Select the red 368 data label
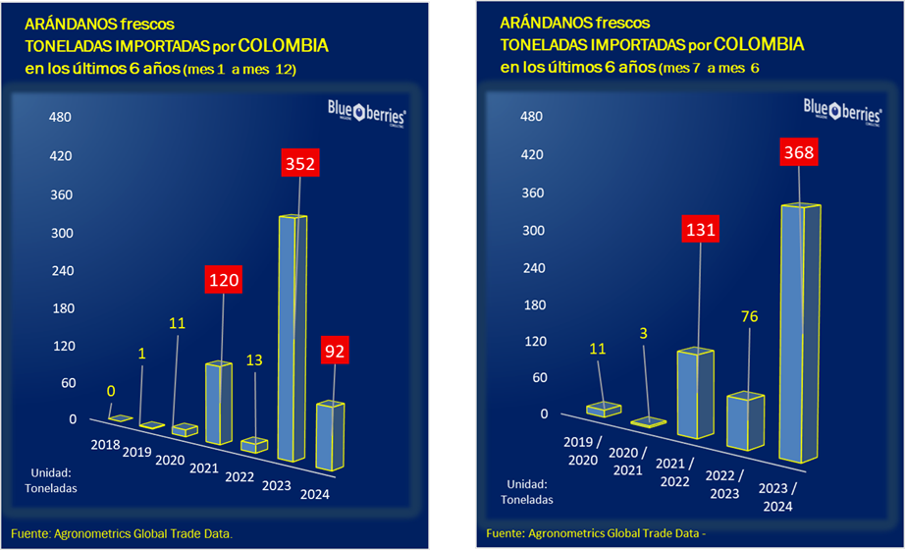(x=799, y=153)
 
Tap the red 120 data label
(x=223, y=280)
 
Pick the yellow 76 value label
(x=749, y=316)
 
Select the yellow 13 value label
(x=254, y=360)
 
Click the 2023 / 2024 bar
(x=798, y=334)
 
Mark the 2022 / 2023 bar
(x=745, y=420)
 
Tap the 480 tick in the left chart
(x=62, y=117)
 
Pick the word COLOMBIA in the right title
(x=759, y=44)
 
